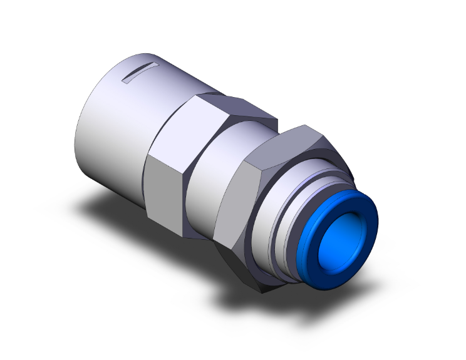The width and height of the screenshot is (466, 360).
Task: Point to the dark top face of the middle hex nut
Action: point(238,108)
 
